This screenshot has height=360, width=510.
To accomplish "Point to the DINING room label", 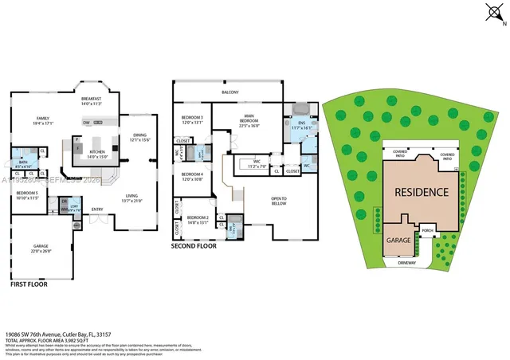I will coord(140,137).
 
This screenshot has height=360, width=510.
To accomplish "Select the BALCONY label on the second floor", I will coord(230,93).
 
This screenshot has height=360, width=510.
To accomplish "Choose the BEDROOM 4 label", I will coord(191,176).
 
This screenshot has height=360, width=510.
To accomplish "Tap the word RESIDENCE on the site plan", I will coord(419,192).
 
